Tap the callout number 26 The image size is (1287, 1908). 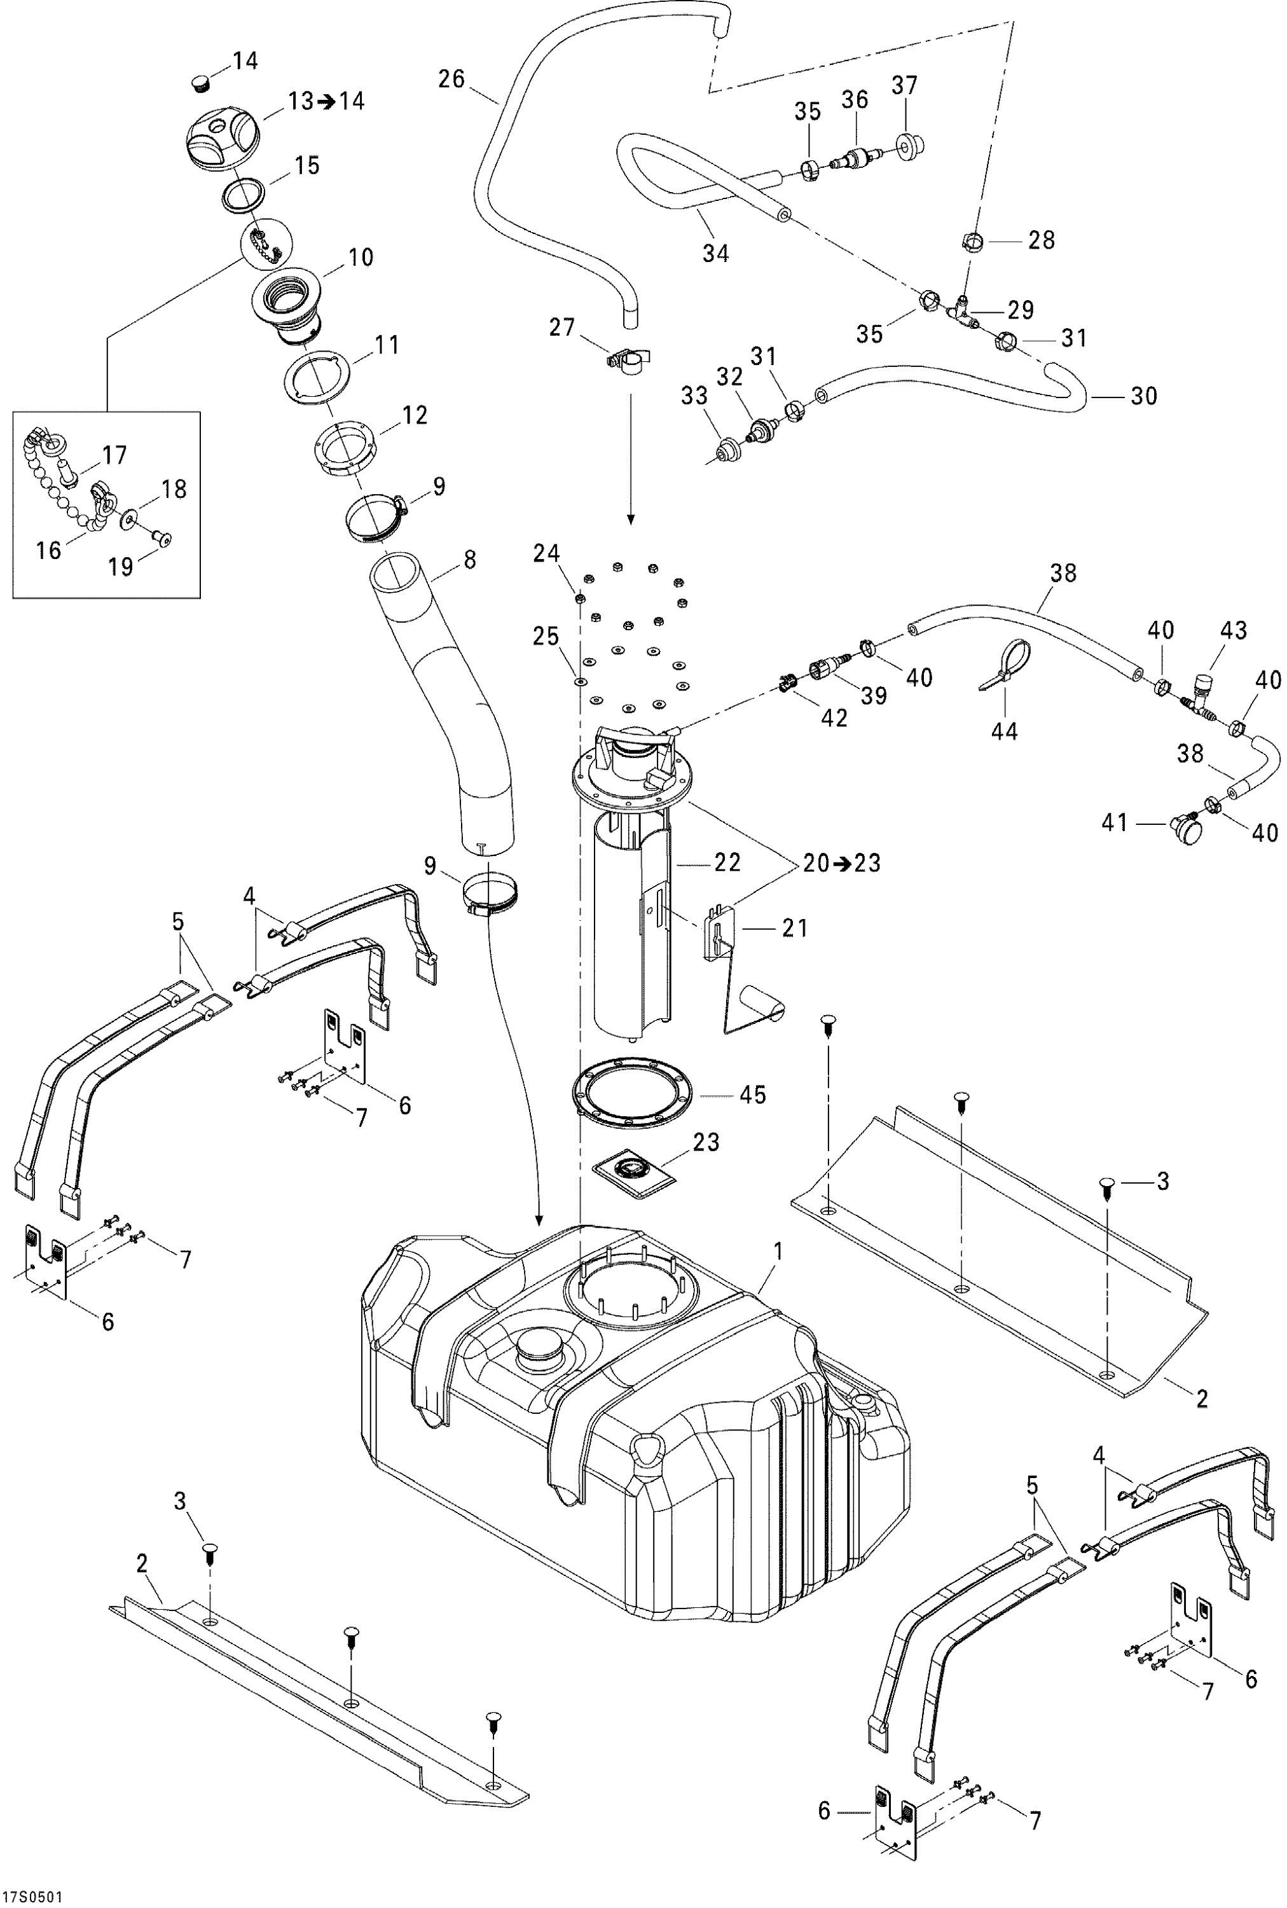pos(451,79)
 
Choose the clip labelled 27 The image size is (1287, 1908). pos(627,359)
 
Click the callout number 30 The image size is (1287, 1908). pos(1143,396)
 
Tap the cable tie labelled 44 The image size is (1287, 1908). pos(1008,666)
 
